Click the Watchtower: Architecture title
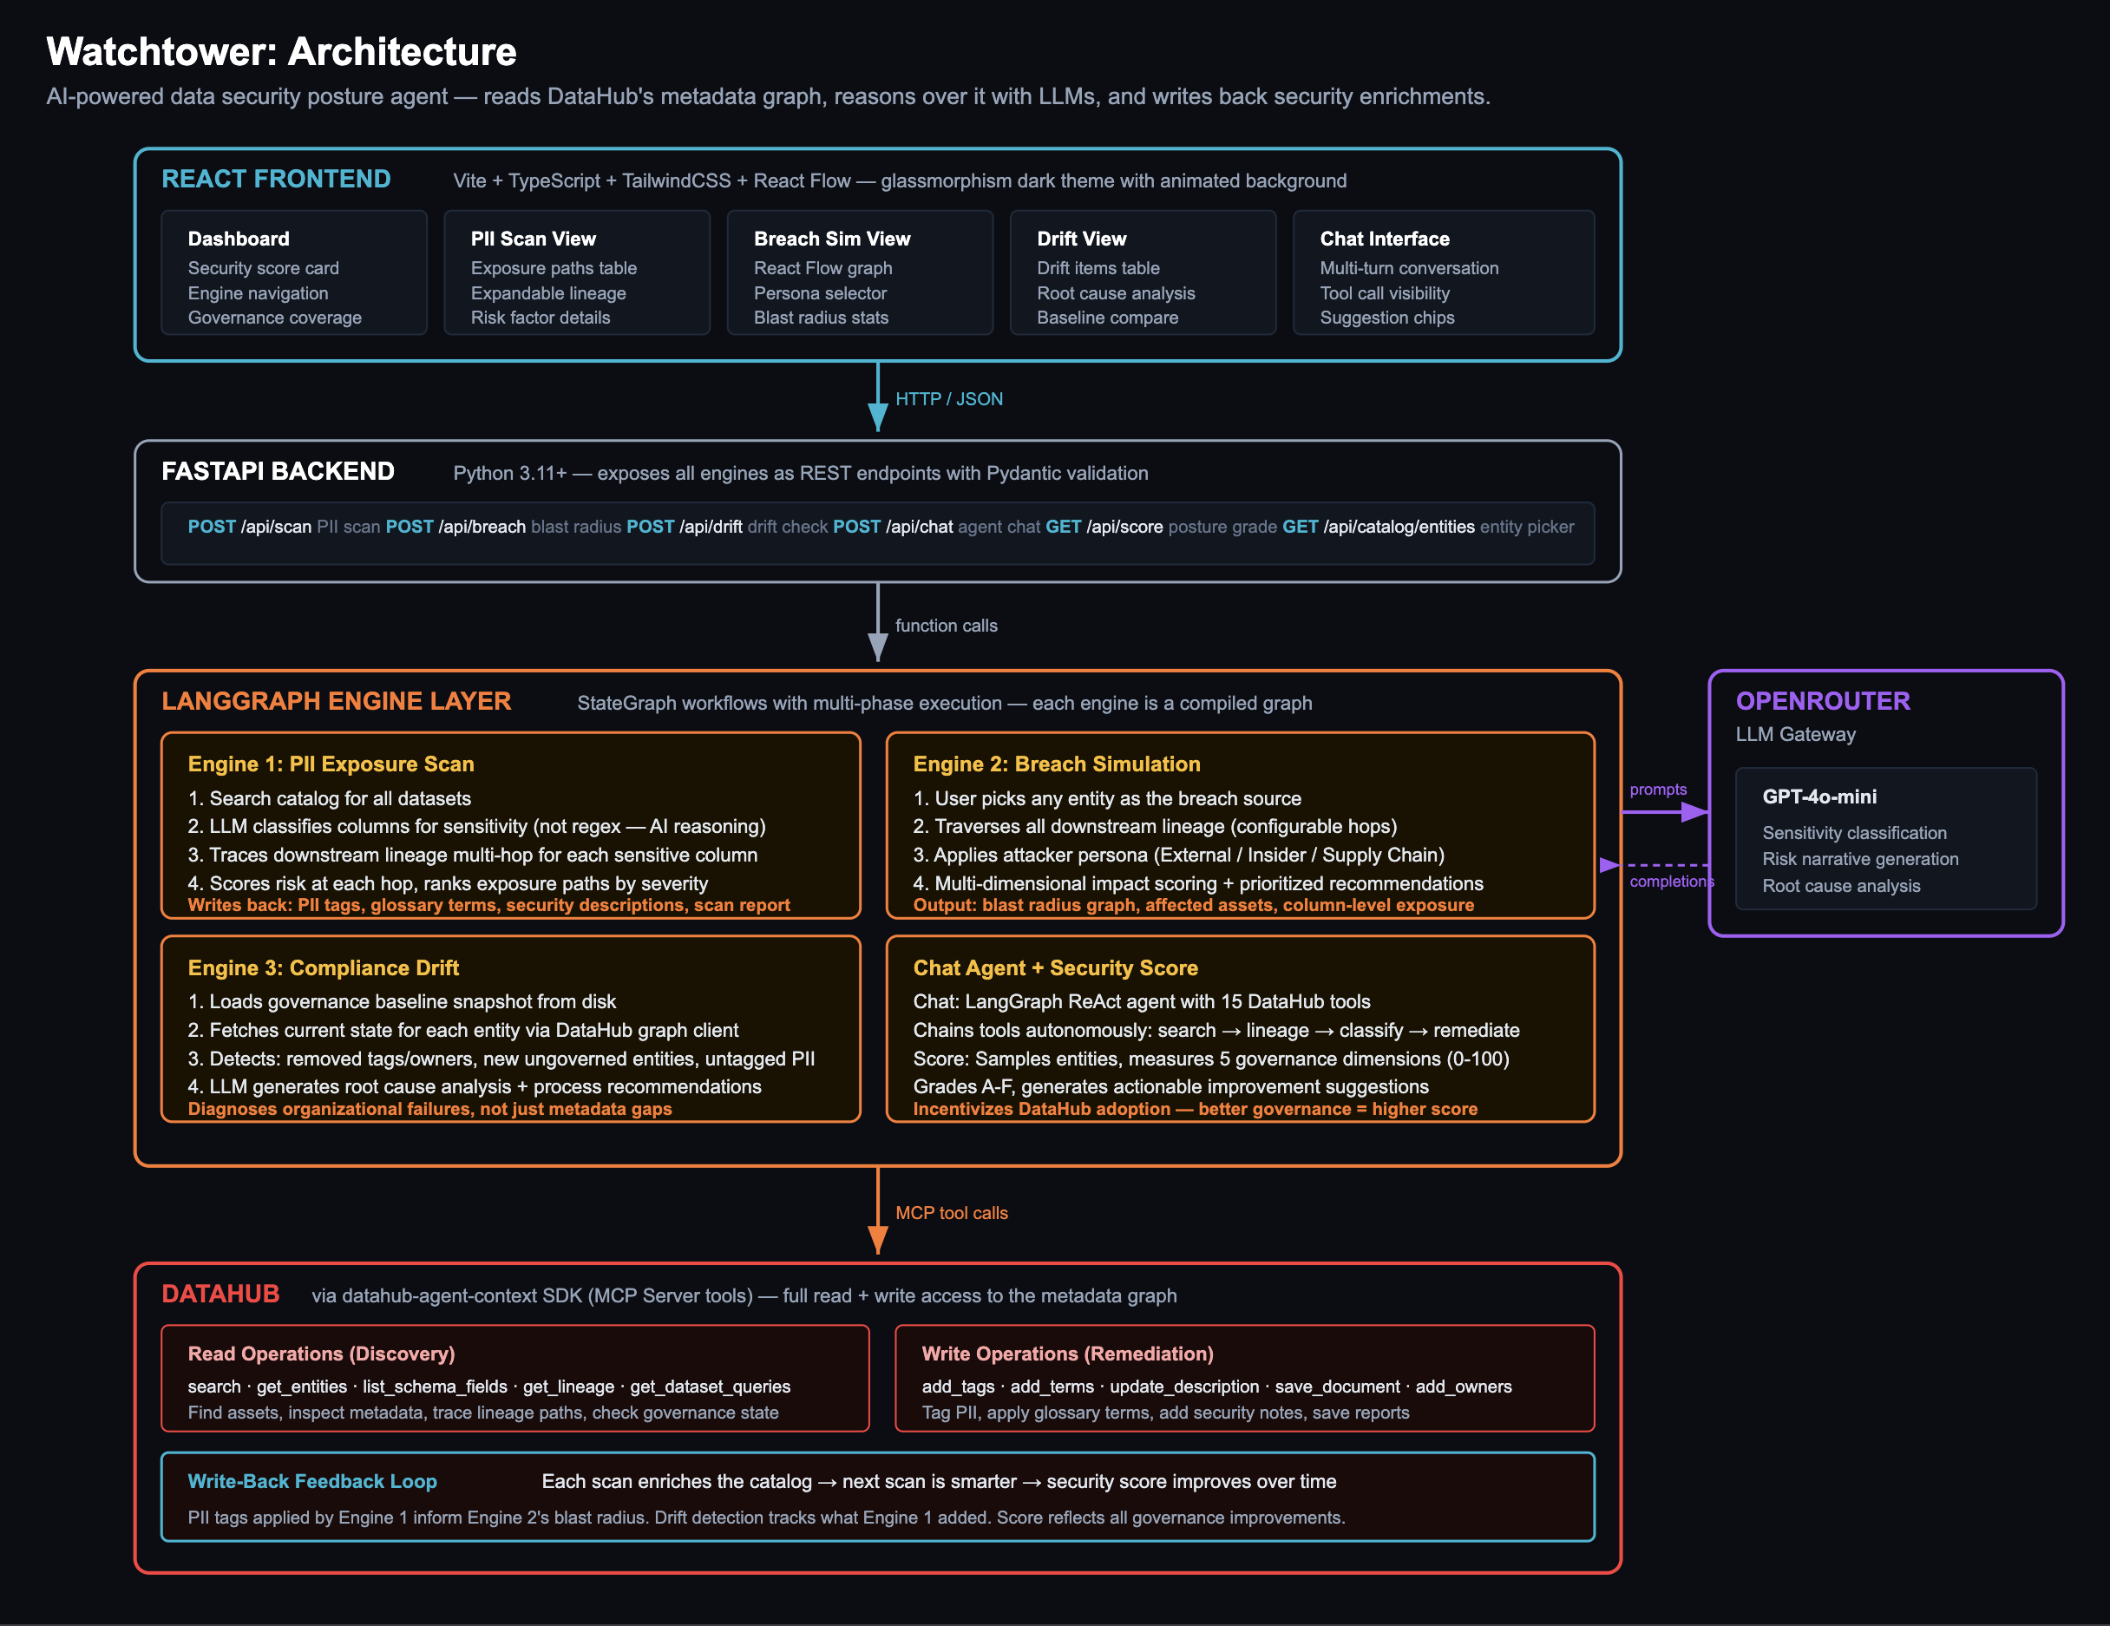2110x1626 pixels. coord(281,51)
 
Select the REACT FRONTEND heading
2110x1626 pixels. coord(276,179)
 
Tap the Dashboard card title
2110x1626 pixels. coord(239,239)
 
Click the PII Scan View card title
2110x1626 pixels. coord(534,239)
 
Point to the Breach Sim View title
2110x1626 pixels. coord(832,239)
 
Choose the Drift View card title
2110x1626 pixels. coord(1081,239)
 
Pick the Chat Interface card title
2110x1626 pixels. coord(1385,239)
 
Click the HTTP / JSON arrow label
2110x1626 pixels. coord(949,399)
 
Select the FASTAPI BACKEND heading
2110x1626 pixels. coord(278,471)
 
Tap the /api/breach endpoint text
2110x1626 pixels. coord(482,527)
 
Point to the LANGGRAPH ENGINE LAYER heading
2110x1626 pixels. coord(337,701)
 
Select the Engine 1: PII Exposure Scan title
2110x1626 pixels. coord(331,764)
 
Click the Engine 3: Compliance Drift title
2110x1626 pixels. coord(324,968)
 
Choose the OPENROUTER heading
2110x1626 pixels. coord(1823,701)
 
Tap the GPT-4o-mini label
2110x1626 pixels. coord(1819,797)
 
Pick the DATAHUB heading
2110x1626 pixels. coord(220,1294)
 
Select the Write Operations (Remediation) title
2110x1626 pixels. coord(1067,1354)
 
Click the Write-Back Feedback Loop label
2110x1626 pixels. coord(312,1481)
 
